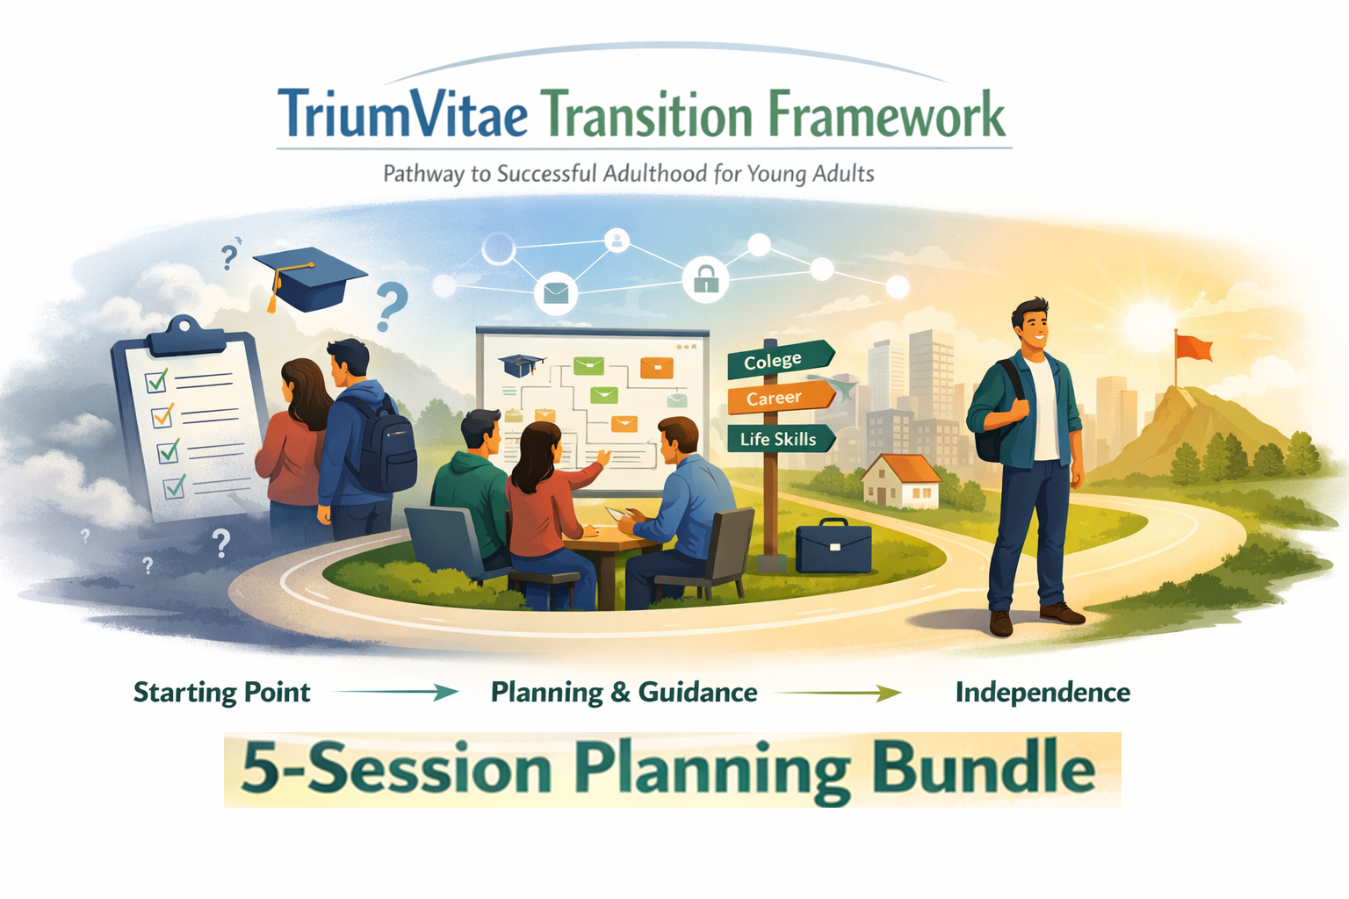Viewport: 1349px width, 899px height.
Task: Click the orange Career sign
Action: [x=776, y=398]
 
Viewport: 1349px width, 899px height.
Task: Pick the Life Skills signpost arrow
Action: [x=779, y=439]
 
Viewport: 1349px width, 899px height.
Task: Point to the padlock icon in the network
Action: [x=706, y=279]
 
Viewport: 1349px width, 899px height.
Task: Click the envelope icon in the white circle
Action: [x=556, y=291]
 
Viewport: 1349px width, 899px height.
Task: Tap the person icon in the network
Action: [x=617, y=240]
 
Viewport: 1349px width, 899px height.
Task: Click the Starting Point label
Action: [x=221, y=693]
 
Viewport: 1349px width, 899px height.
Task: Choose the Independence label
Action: [x=1042, y=693]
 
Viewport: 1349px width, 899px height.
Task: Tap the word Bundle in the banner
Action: [x=984, y=768]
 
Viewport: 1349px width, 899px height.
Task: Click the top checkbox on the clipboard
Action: [x=157, y=381]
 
